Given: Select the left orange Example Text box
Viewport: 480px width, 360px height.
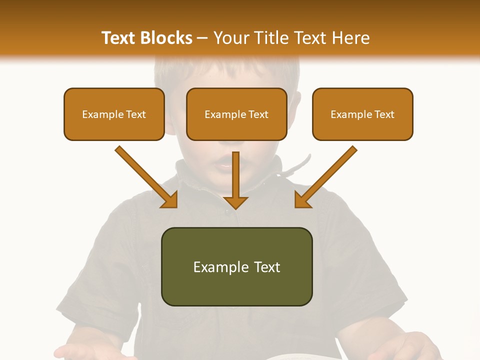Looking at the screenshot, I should (114, 114).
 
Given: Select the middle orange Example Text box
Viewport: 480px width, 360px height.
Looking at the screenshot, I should (236, 114).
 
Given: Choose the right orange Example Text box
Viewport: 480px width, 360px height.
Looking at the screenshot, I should (362, 114).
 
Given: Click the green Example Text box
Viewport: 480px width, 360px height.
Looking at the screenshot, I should (236, 266).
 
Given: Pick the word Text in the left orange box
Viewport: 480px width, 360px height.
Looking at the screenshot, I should (136, 114).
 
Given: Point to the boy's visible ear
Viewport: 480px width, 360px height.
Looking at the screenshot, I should (294, 110).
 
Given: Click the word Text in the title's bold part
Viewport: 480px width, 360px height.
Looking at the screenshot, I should (119, 38).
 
